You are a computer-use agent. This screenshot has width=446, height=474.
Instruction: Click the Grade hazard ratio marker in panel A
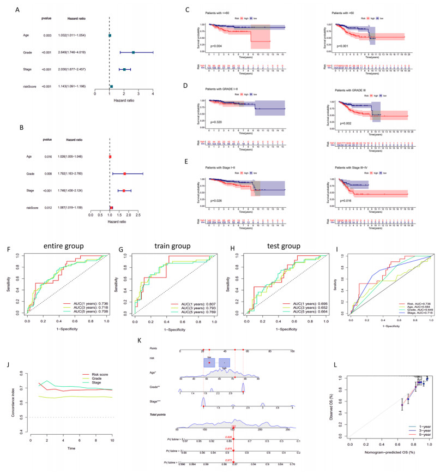(x=133, y=52)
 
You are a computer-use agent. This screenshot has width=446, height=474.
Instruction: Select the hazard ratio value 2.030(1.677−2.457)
(x=71, y=70)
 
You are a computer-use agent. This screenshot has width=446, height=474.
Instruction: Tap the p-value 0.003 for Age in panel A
(x=47, y=35)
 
